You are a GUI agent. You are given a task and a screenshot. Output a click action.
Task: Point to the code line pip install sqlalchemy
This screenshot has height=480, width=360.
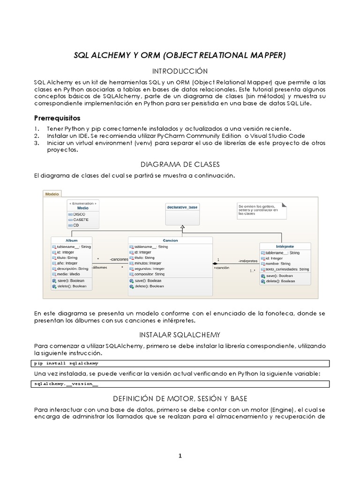(x=67, y=363)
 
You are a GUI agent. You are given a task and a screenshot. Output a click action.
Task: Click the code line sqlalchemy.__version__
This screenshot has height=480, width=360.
(x=67, y=383)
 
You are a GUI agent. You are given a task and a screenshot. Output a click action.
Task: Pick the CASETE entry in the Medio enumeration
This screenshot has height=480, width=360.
(x=81, y=219)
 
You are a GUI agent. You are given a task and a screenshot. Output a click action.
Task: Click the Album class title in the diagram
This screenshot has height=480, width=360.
(x=72, y=240)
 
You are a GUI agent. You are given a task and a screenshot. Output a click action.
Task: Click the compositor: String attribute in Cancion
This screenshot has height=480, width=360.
(x=150, y=275)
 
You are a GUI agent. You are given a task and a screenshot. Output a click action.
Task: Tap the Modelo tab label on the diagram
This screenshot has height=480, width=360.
(x=52, y=193)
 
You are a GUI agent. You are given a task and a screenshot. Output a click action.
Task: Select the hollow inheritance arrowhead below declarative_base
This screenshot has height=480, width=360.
(x=182, y=227)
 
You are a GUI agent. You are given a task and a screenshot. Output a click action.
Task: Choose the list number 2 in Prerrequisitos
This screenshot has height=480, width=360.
(x=37, y=136)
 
